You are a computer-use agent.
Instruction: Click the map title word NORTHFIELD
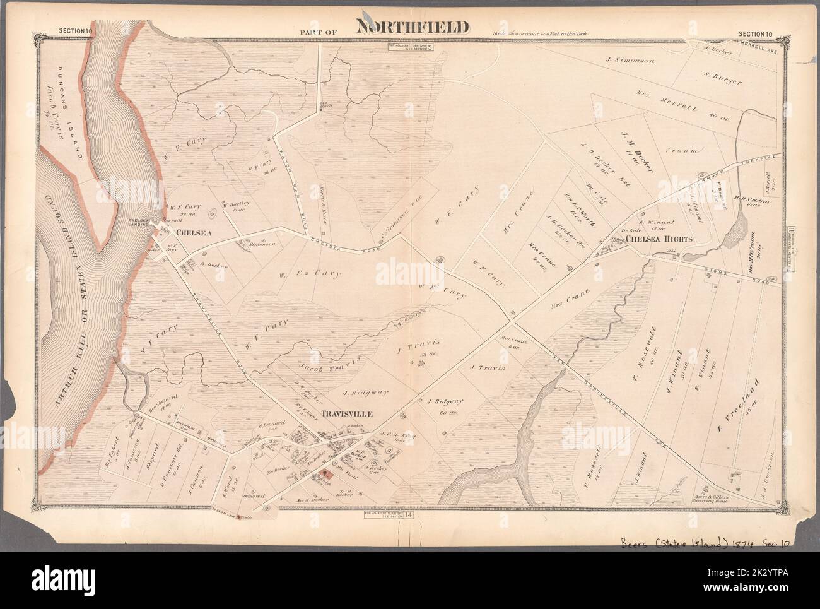click(413, 27)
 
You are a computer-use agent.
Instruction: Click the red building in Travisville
click(327, 473)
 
